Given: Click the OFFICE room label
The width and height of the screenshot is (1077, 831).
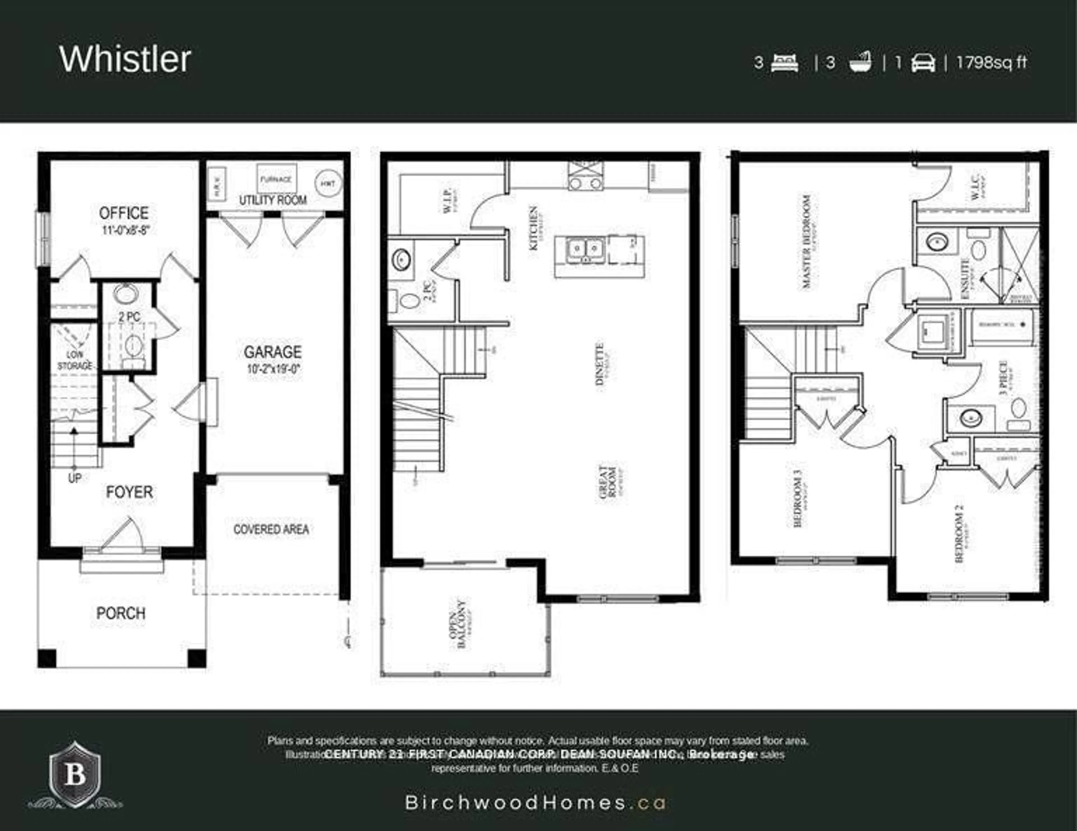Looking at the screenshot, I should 124,213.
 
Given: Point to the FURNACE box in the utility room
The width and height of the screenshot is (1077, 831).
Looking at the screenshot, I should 276,179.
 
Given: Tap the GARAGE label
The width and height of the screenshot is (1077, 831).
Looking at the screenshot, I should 273,352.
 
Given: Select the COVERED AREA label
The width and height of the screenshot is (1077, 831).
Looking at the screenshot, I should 271,529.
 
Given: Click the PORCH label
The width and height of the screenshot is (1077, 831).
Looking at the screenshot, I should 121,613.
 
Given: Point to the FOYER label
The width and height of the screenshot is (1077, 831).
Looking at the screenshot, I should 129,492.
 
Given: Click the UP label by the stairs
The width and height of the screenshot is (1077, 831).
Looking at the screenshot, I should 74,478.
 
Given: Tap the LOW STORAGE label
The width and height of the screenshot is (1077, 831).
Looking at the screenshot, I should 75,360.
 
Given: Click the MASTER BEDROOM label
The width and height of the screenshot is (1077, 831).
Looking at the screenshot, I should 807,241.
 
